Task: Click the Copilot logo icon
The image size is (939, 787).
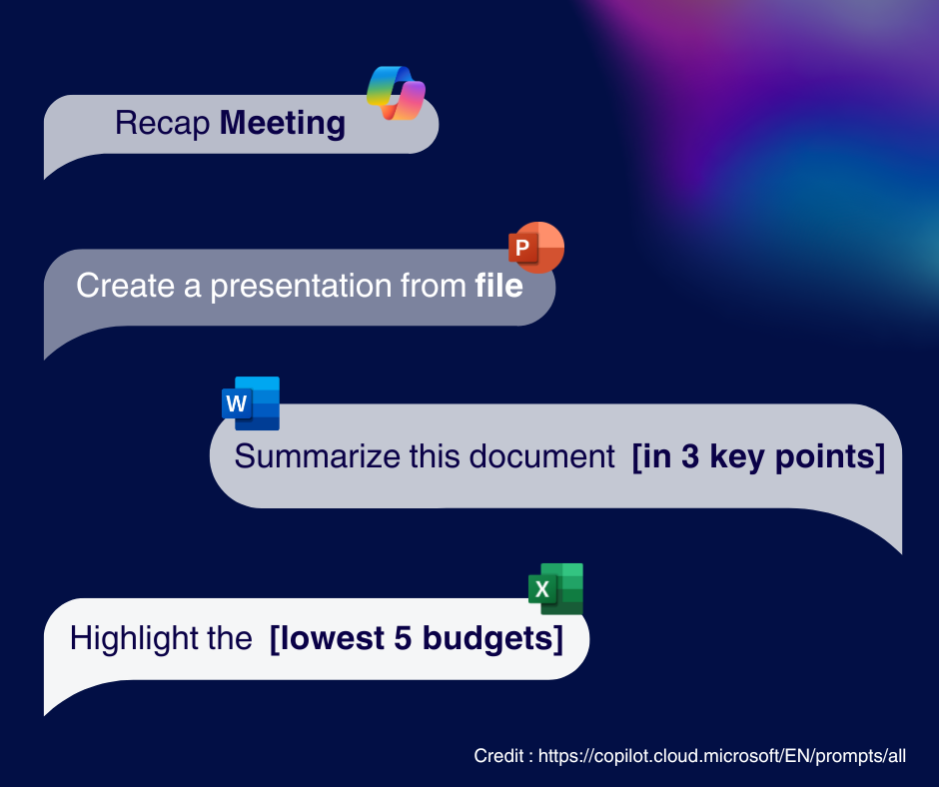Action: pyautogui.click(x=396, y=93)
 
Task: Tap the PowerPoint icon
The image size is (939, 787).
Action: pyautogui.click(x=536, y=248)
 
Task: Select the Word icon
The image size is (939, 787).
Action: pyautogui.click(x=251, y=403)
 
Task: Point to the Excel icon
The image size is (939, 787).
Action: pyautogui.click(x=555, y=589)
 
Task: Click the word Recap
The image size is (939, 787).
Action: pyautogui.click(x=162, y=124)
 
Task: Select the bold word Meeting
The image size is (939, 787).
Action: pyautogui.click(x=283, y=124)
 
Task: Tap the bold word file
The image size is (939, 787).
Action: pyautogui.click(x=498, y=285)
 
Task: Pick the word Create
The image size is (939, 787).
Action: pyautogui.click(x=126, y=285)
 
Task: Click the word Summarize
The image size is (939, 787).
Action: pyautogui.click(x=318, y=456)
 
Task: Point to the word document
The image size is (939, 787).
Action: pyautogui.click(x=542, y=457)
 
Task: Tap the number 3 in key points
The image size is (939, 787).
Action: pyautogui.click(x=690, y=456)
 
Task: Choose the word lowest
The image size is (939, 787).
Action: pyautogui.click(x=332, y=638)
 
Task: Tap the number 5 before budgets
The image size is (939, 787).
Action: pyautogui.click(x=403, y=638)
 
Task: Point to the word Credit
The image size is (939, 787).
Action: pyautogui.click(x=498, y=756)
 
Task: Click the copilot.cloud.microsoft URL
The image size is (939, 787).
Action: pyautogui.click(x=721, y=756)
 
